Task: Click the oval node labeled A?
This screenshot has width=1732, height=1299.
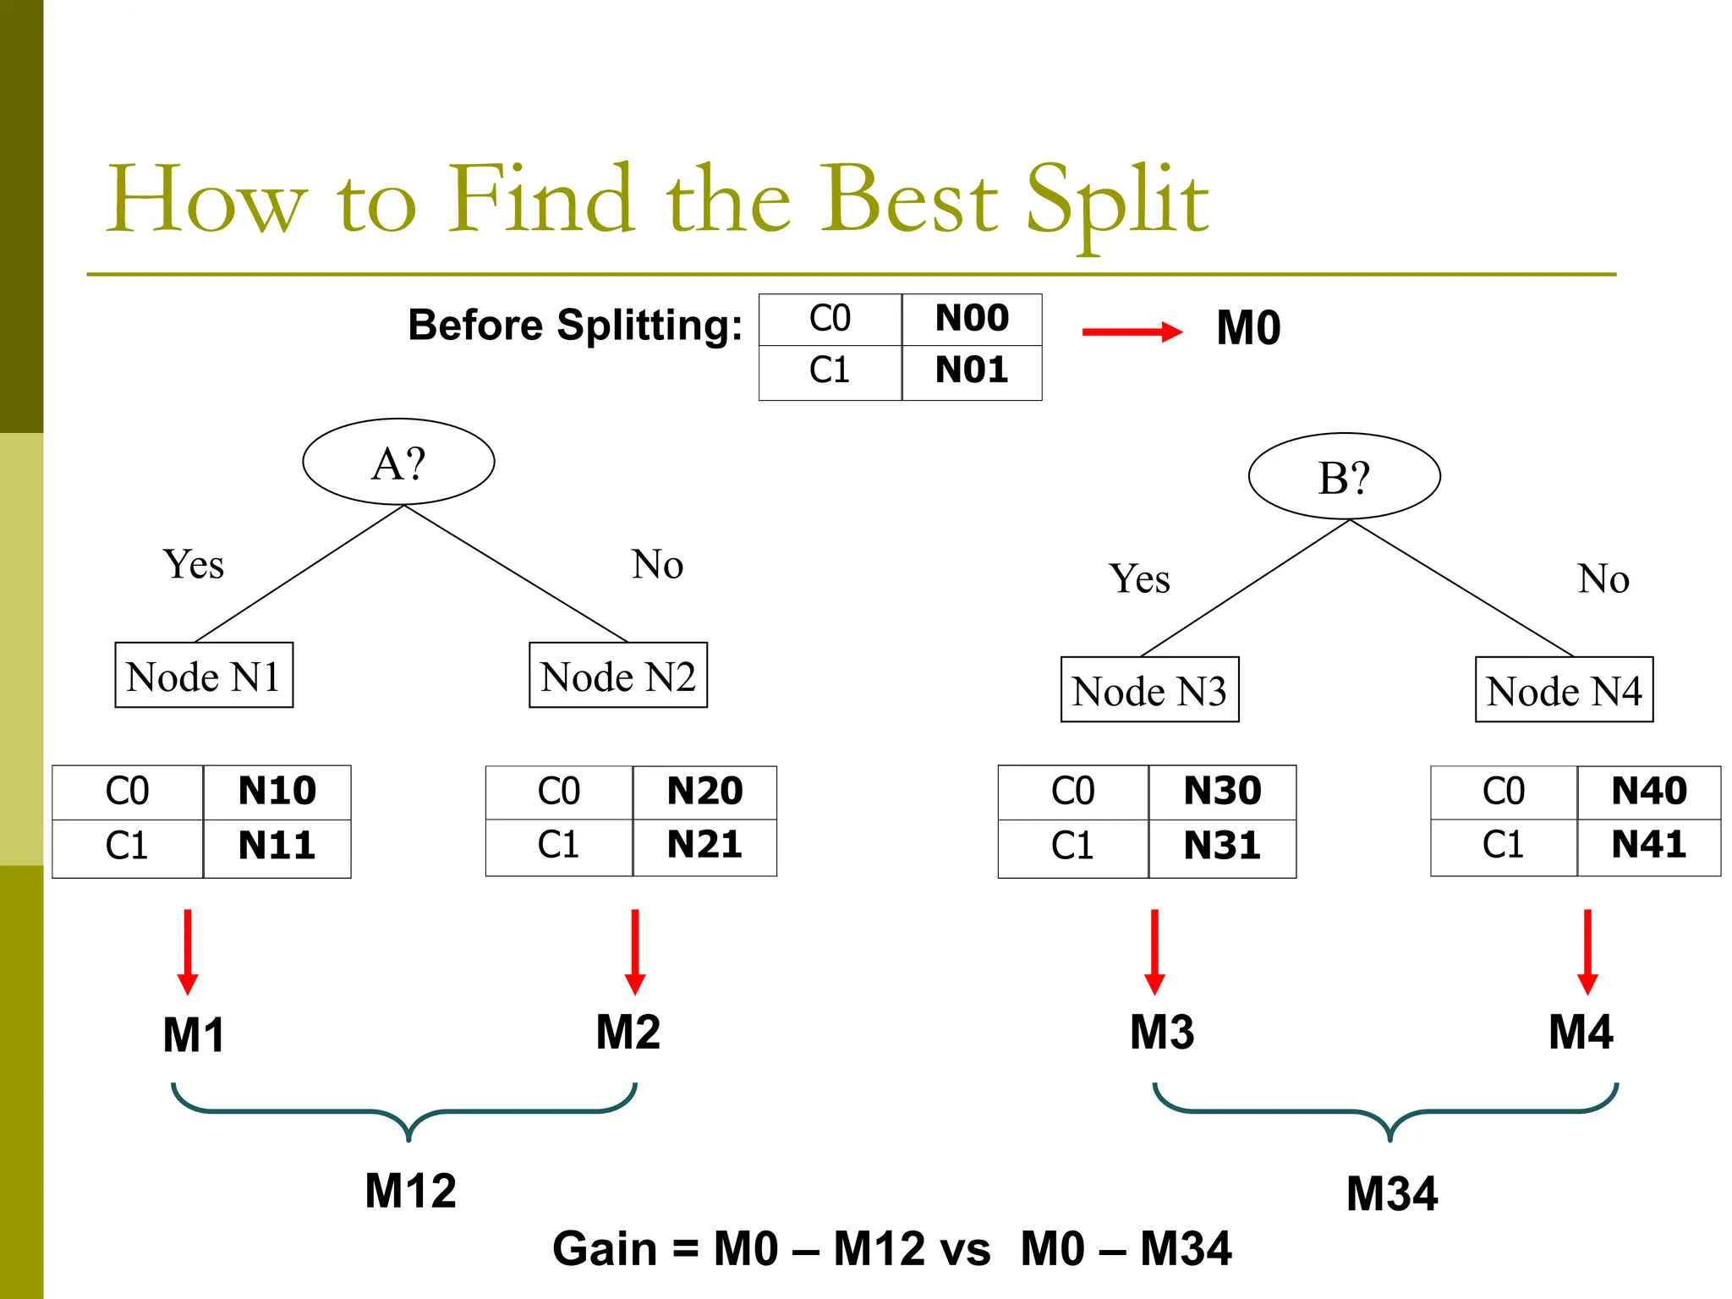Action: tap(398, 462)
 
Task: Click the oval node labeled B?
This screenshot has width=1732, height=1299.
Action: tap(1344, 477)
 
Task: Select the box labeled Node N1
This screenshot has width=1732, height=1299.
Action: tap(204, 676)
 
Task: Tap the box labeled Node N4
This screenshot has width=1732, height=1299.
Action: tap(1564, 690)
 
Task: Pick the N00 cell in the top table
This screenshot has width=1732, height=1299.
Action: tap(972, 319)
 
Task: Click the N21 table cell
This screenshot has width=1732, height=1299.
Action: tap(704, 845)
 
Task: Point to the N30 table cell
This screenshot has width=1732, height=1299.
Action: tap(1222, 792)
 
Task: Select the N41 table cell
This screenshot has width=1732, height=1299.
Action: tap(1648, 845)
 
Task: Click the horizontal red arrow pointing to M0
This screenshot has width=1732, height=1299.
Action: tap(1132, 332)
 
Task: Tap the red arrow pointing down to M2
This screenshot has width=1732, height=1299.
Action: tap(635, 952)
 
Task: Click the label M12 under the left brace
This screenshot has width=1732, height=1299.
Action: tap(410, 1191)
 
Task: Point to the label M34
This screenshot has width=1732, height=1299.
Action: tap(1392, 1194)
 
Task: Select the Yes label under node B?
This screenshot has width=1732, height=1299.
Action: tap(1139, 579)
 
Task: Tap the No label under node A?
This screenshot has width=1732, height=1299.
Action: tap(657, 564)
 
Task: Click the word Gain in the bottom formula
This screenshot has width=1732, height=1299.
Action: tap(605, 1249)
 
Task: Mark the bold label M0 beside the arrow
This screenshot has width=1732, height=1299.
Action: tap(1248, 328)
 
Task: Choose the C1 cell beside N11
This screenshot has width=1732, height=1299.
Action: tap(127, 846)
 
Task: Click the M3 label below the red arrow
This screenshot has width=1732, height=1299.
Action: tap(1162, 1033)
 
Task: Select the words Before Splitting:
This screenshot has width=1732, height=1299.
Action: tap(575, 326)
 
